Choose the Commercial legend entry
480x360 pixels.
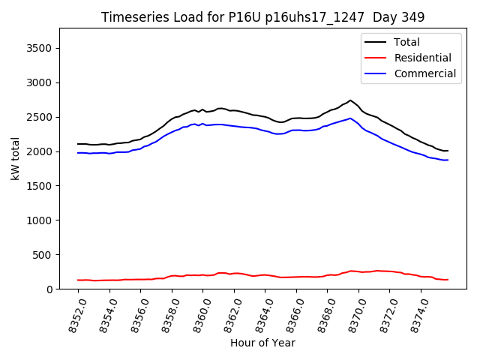[x=424, y=73]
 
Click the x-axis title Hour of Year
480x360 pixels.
[x=262, y=343]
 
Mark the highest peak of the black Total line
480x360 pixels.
[x=350, y=100]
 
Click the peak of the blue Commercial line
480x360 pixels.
[x=350, y=118]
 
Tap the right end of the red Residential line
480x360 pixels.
[x=448, y=280]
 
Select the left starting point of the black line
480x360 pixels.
[x=77, y=144]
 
